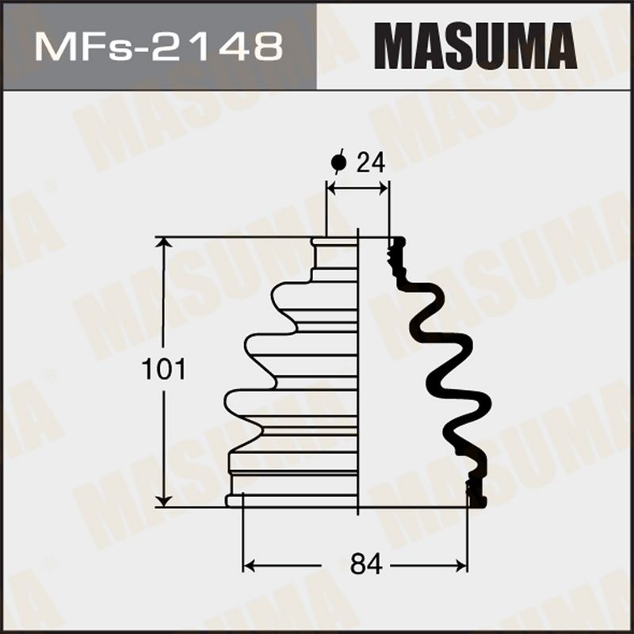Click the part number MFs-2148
click(x=158, y=47)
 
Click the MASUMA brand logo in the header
click(x=475, y=46)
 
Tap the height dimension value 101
click(x=163, y=369)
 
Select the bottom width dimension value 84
click(x=366, y=564)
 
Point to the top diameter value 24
click(x=371, y=163)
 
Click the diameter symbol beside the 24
click(x=338, y=162)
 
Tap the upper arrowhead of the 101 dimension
click(x=164, y=243)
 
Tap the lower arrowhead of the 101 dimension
click(x=164, y=501)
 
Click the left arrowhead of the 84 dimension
click(x=249, y=566)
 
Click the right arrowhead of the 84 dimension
click(x=461, y=566)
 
